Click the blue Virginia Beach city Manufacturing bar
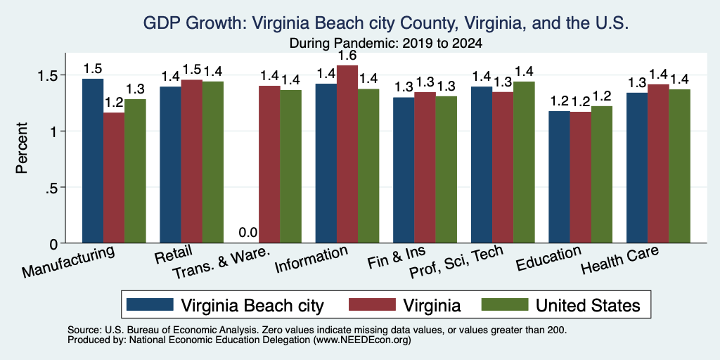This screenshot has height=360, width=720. click(92, 161)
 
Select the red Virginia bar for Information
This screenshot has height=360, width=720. click(347, 154)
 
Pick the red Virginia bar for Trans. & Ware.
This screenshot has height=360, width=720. click(269, 165)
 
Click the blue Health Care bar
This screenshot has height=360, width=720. click(637, 168)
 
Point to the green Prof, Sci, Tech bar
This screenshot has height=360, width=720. click(524, 162)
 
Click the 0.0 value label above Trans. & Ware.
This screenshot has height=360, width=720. click(248, 233)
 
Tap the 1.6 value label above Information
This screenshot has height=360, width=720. click(347, 56)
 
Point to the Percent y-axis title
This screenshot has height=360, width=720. click(22, 148)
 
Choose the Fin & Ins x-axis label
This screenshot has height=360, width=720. click(397, 258)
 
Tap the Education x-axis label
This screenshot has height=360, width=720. click(548, 259)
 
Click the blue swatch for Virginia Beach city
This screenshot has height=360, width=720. click(150, 304)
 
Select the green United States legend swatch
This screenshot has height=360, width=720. click(503, 304)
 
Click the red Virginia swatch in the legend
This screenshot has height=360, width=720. click(371, 304)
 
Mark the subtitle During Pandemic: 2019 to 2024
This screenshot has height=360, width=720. click(386, 44)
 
